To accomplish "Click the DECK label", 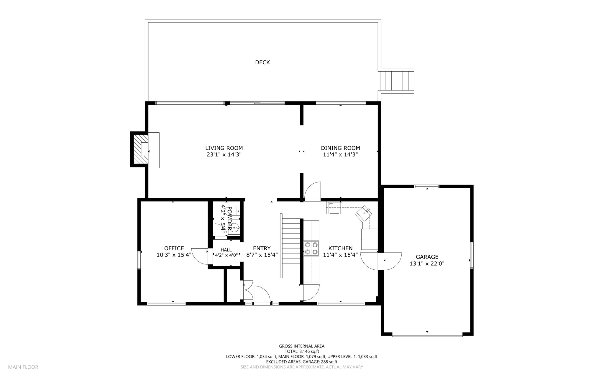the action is tap(262, 62).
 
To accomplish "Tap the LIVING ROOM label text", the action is tap(224, 148).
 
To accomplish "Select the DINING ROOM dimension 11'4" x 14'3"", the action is tap(340, 154).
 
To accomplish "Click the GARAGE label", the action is tap(427, 257).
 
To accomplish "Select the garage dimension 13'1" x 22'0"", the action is tap(427, 264).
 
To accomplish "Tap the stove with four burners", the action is tap(311, 248).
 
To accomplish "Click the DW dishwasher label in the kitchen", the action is tap(331, 203).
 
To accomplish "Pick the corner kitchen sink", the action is tap(365, 213).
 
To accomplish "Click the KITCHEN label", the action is tap(340, 248).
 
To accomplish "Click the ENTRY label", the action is tap(262, 248).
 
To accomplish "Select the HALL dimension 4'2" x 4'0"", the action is tap(226, 255).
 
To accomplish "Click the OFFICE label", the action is tap(174, 248).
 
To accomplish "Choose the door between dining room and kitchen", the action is tap(312, 192).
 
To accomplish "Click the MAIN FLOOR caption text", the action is tap(23, 367).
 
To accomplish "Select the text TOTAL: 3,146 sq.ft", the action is tap(302, 351).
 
